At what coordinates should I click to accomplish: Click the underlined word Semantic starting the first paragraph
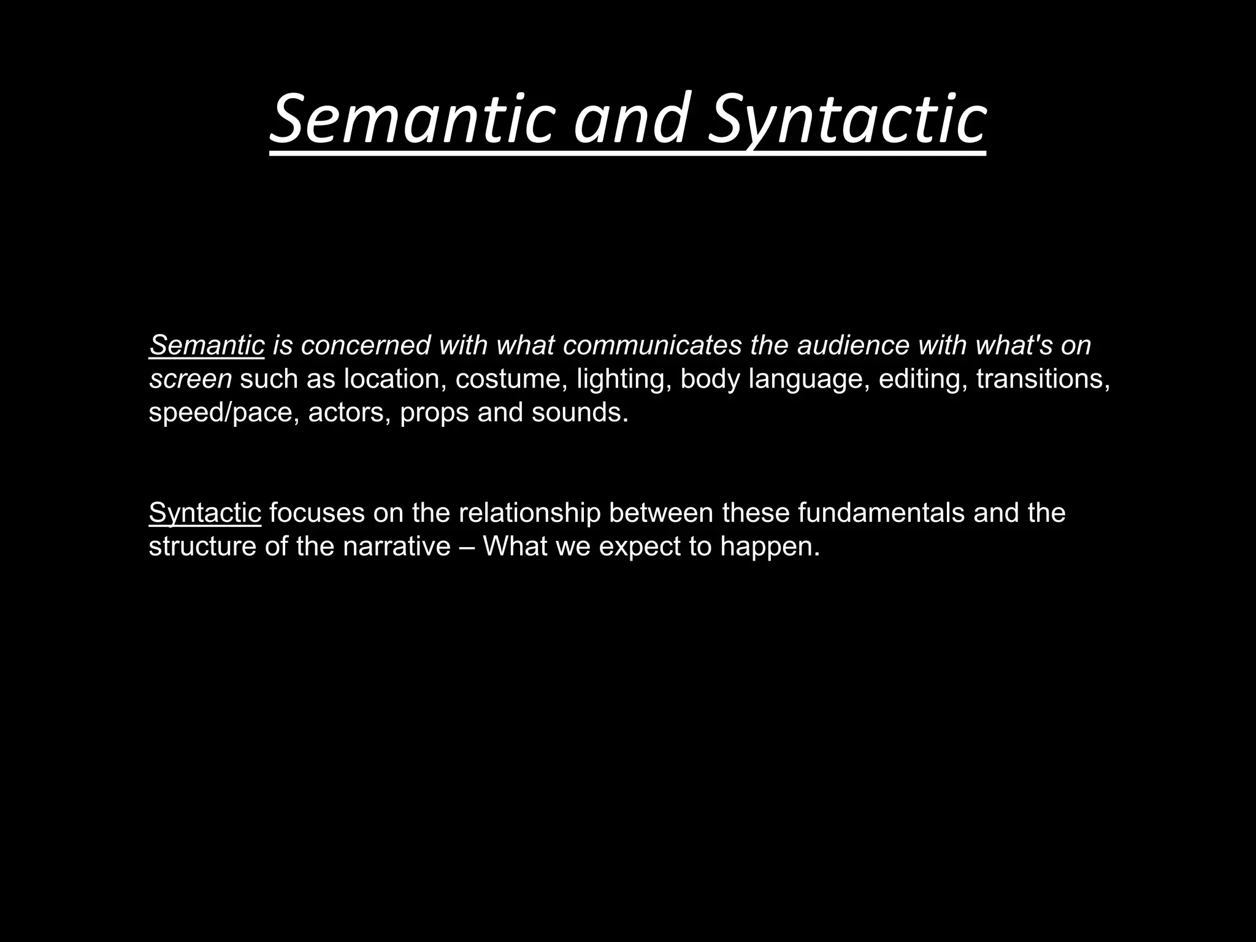(x=207, y=345)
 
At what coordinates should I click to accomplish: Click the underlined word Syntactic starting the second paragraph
(x=205, y=513)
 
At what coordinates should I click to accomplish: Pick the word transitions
(x=1043, y=379)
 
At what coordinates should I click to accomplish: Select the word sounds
(x=580, y=413)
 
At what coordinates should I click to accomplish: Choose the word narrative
(x=396, y=546)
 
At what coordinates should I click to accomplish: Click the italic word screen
(x=190, y=379)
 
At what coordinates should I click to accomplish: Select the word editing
(x=923, y=379)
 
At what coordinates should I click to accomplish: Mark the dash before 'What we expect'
(x=466, y=546)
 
